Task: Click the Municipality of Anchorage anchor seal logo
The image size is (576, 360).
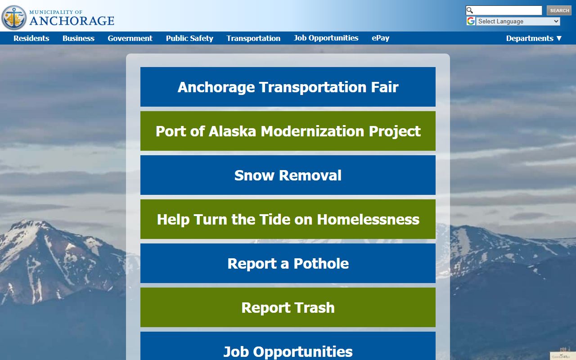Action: (x=14, y=18)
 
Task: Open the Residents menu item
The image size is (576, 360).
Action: (x=31, y=38)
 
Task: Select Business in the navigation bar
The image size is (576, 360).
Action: (x=78, y=38)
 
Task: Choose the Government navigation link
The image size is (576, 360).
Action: (x=130, y=38)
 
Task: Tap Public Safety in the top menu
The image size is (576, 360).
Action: (x=189, y=38)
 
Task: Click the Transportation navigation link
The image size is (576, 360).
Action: (x=253, y=38)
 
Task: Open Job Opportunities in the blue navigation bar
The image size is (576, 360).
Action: (x=326, y=38)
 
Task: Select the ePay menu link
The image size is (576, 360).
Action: (x=380, y=38)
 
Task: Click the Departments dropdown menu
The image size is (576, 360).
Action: (x=534, y=38)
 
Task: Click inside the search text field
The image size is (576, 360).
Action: (x=508, y=10)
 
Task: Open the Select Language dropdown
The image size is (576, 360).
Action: (x=518, y=21)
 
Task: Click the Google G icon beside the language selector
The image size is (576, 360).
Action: (x=471, y=21)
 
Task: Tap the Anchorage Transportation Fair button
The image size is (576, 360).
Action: (x=288, y=87)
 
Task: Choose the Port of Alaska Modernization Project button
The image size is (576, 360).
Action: (x=288, y=131)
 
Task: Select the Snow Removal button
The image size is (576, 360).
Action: (x=288, y=175)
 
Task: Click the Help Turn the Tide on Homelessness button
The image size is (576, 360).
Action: (x=288, y=219)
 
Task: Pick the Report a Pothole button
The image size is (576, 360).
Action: (x=288, y=263)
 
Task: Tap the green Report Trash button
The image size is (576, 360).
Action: (x=288, y=307)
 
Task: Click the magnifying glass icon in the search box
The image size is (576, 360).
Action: (x=470, y=10)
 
